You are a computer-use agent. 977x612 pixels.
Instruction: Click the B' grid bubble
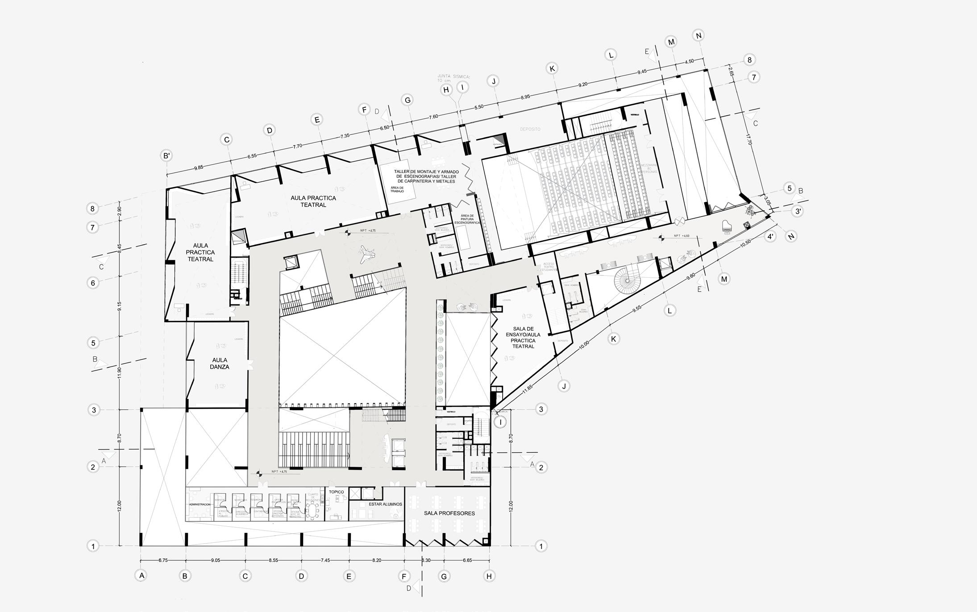[166, 156]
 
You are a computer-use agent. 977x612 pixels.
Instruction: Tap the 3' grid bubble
[797, 211]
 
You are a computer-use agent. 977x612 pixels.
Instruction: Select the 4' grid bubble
[770, 237]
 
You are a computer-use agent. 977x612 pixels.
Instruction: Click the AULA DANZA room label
[220, 363]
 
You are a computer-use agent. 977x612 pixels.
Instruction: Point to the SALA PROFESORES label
[449, 513]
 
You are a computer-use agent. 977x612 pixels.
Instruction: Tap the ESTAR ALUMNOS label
[385, 504]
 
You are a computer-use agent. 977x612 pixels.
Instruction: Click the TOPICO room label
[337, 492]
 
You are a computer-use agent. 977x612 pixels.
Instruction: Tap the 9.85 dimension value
[199, 168]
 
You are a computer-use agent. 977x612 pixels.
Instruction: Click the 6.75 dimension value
[163, 561]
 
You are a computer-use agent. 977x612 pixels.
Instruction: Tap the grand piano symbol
[727, 227]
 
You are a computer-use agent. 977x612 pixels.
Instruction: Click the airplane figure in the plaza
[367, 254]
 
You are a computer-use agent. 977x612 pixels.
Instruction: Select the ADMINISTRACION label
[200, 504]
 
